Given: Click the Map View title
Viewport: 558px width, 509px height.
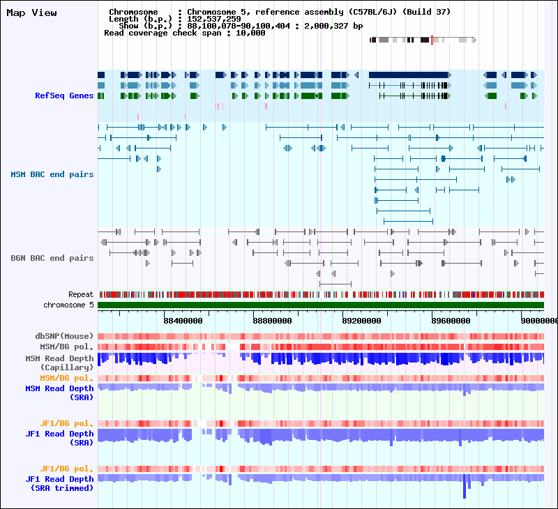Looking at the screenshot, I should tap(32, 13).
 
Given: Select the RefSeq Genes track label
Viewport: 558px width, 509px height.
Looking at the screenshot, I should tap(64, 96).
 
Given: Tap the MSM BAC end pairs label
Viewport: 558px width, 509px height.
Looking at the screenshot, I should tap(52, 174).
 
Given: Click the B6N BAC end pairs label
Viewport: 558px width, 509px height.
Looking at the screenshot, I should tap(52, 258).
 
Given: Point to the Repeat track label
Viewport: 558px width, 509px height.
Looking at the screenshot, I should tap(81, 295).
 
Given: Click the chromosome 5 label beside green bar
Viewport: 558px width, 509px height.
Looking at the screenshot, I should tap(68, 305).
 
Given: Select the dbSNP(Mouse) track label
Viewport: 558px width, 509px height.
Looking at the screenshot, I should tap(65, 336).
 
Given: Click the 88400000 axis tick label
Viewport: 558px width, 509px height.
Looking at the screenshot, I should tap(183, 321).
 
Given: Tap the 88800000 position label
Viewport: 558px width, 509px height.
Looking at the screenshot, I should tap(272, 321).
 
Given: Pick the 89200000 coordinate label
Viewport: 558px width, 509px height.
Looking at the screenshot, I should tap(361, 321).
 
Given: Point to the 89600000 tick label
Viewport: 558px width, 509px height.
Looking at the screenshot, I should tap(450, 321).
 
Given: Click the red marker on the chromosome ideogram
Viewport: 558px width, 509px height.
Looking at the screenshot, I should tap(432, 40).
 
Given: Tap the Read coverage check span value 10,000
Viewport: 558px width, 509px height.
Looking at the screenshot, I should tap(250, 33).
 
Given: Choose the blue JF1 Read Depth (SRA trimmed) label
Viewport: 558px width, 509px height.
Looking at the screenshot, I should tap(60, 483).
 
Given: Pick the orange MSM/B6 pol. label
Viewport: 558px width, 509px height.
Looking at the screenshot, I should tap(67, 379).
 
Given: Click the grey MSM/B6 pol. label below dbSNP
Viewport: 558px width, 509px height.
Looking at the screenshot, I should tap(67, 346).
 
